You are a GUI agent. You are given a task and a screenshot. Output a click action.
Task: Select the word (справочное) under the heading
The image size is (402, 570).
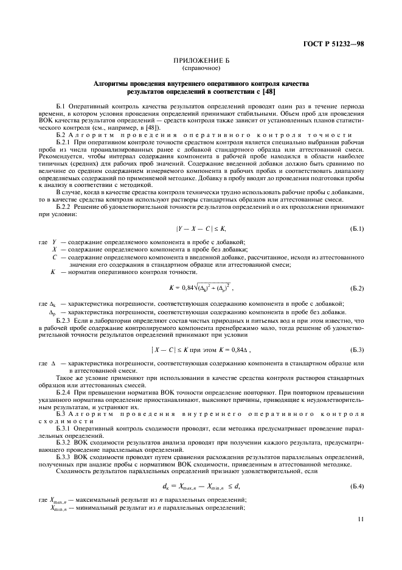201,68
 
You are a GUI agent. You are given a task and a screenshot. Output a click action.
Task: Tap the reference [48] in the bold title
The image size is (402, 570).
266,91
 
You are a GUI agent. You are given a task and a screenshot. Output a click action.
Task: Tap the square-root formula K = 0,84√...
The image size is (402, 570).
201,286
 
